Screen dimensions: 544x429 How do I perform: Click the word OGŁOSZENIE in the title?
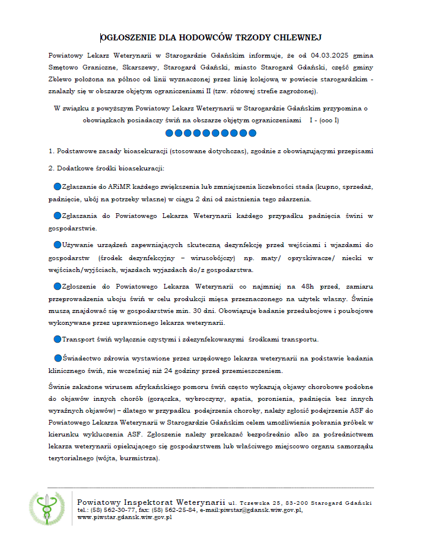click(x=127, y=38)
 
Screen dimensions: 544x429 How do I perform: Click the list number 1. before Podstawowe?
click(x=52, y=151)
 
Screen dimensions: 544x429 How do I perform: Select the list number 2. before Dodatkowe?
click(x=52, y=168)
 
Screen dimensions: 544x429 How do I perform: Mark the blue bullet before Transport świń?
click(x=58, y=339)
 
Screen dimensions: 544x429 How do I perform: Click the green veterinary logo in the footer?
click(x=47, y=508)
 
